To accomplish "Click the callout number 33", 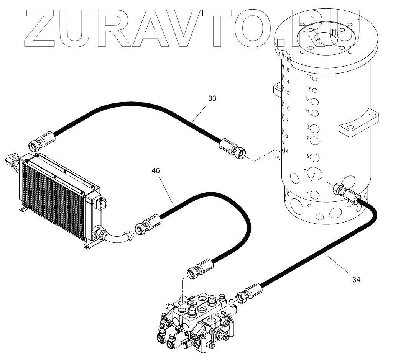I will [x=212, y=98].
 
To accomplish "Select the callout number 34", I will [x=356, y=280].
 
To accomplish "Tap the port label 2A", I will [x=277, y=156].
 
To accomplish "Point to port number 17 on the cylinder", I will [x=309, y=77].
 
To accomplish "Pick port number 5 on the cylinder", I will [x=307, y=156].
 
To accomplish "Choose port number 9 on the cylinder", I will [x=307, y=127].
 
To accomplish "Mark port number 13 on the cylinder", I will [x=307, y=99].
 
